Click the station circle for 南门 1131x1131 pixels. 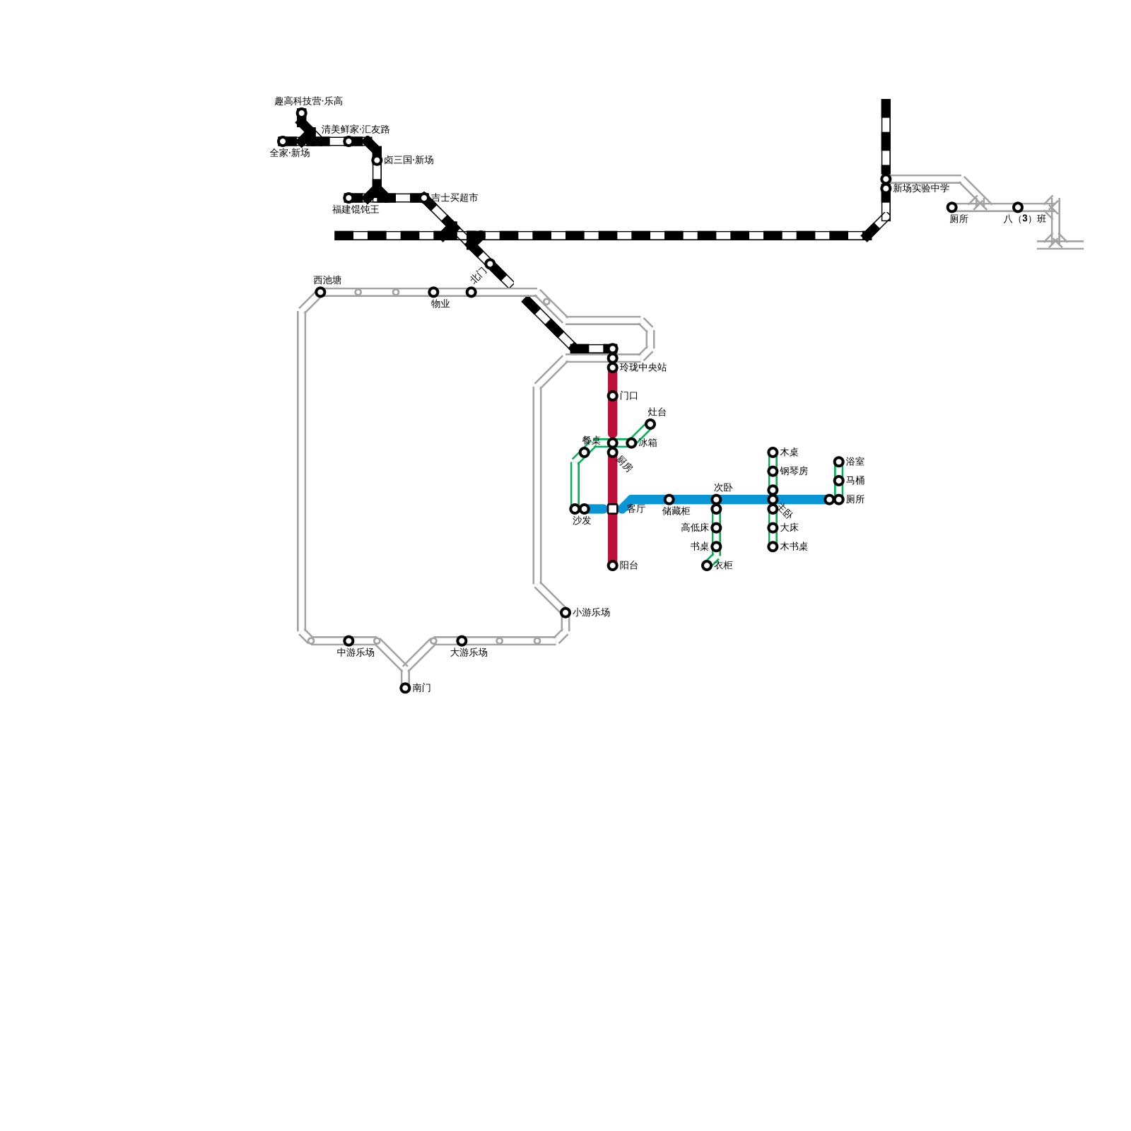405,688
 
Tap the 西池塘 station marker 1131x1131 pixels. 320,292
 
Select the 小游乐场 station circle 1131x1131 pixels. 565,612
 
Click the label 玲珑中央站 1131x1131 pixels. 643,368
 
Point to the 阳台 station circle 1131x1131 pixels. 612,565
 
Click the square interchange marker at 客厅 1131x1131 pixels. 612,509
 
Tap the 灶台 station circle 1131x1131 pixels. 650,424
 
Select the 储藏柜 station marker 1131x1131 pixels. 669,500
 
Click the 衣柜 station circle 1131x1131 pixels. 707,565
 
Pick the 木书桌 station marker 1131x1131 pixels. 773,546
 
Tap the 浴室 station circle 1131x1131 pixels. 838,462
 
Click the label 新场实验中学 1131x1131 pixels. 920,189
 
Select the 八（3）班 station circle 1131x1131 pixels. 1018,207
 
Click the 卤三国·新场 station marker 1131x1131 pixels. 377,160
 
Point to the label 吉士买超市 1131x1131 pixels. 455,198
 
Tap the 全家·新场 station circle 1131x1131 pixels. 283,141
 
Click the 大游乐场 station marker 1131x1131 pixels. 462,640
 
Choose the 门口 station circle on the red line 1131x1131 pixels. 612,396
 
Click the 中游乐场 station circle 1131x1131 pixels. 348,640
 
